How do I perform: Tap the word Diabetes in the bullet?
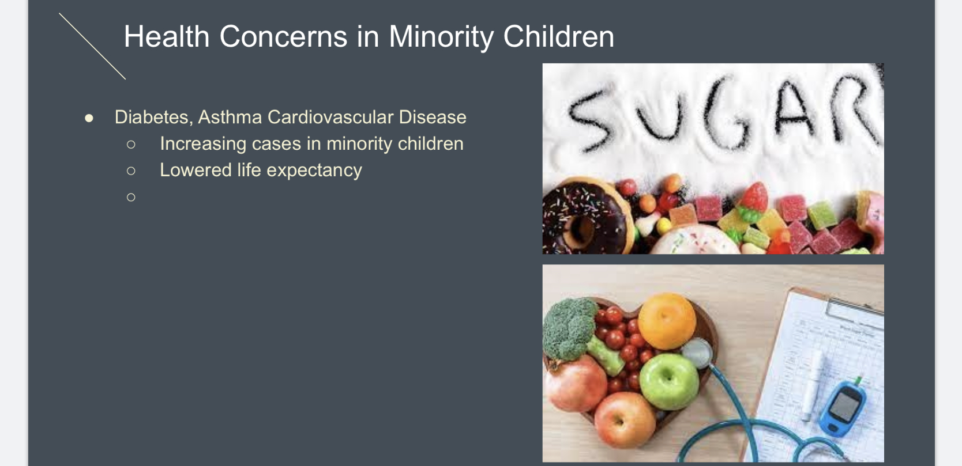[x=151, y=117]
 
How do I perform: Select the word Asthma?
[x=230, y=117]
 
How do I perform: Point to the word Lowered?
[x=196, y=170]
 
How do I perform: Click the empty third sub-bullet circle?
[x=131, y=197]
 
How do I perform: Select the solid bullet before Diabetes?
[x=89, y=118]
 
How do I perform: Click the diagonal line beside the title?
[x=92, y=46]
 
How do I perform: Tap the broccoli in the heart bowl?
[x=570, y=329]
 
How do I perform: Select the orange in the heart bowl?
[x=667, y=321]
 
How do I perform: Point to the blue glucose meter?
[x=843, y=409]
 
